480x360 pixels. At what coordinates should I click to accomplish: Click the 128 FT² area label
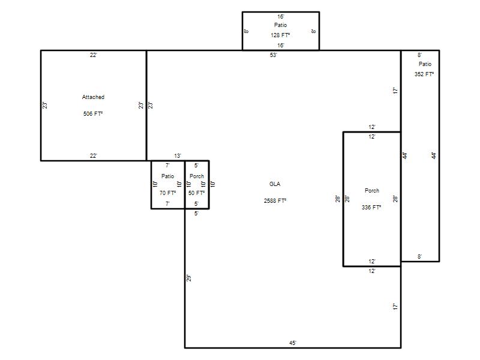(x=280, y=35)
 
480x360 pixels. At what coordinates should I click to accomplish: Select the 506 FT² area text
(x=93, y=113)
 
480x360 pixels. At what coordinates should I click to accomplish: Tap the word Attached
(x=93, y=97)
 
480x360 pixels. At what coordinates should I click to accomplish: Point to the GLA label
(x=275, y=184)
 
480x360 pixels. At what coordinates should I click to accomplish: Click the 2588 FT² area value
(x=275, y=201)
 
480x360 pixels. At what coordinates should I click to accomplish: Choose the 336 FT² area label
(x=371, y=207)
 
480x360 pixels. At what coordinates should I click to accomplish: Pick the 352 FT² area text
(x=424, y=74)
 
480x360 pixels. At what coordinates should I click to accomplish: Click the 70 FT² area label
(x=167, y=193)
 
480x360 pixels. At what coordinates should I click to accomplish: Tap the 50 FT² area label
(x=196, y=193)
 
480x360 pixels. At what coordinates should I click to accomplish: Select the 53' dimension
(x=274, y=55)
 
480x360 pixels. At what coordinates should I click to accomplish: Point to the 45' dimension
(x=293, y=343)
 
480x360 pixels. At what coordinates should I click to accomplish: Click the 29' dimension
(x=189, y=278)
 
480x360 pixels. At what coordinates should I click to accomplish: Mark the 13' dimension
(x=178, y=156)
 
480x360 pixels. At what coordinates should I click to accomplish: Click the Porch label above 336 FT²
(x=372, y=190)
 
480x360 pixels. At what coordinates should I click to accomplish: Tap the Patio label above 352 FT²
(x=425, y=64)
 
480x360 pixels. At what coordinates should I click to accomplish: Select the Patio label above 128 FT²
(x=280, y=25)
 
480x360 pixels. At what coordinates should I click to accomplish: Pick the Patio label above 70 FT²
(x=167, y=176)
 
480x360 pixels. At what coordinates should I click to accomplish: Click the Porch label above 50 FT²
(x=197, y=176)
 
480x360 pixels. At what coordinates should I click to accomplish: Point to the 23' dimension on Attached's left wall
(x=44, y=106)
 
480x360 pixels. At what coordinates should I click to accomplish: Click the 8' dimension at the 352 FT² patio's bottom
(x=419, y=257)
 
